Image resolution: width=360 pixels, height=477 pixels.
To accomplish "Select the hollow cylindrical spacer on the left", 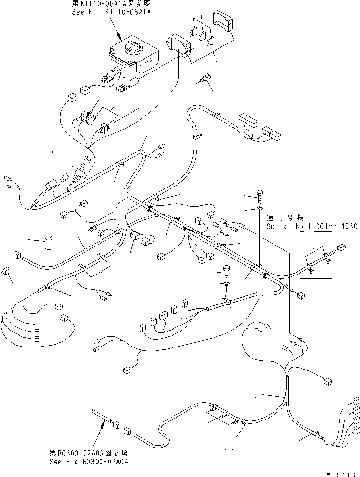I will (x=49, y=241).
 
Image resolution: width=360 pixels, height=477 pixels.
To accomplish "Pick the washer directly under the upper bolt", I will (x=259, y=209).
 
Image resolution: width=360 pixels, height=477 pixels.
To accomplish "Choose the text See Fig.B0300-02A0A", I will (x=88, y=462).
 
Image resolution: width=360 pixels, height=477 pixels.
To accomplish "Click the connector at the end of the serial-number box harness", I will (x=342, y=247).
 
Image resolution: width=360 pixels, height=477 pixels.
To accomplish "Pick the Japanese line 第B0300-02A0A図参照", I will (x=88, y=454).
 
